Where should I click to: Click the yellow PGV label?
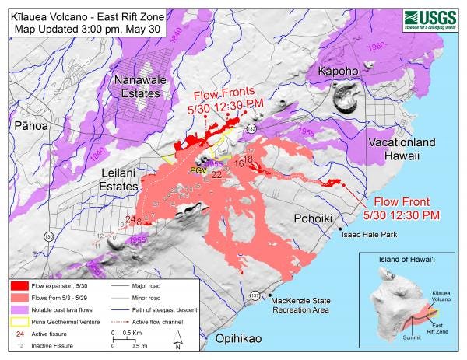coord(198,168)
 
